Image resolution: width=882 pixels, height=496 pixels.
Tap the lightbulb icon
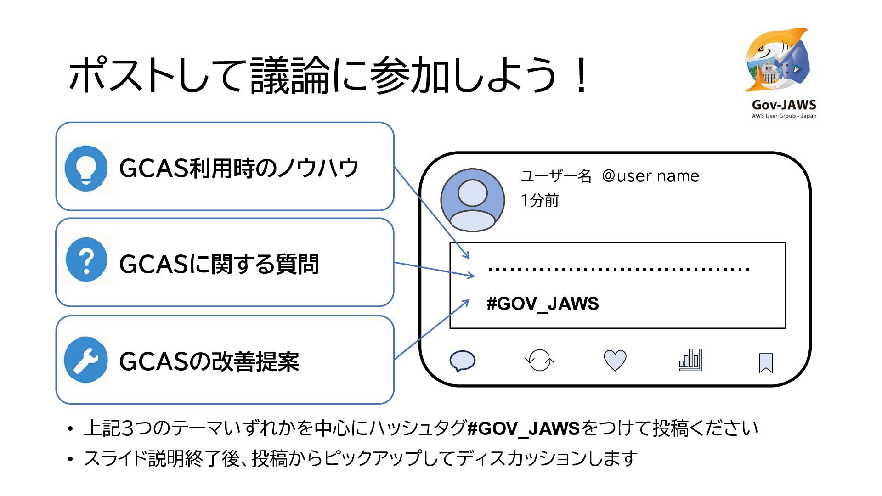click(x=86, y=168)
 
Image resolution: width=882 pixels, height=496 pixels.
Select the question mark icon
click(x=86, y=260)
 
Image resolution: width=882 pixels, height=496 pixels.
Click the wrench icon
click(x=86, y=361)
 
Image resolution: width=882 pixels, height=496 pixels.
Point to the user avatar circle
click(x=472, y=200)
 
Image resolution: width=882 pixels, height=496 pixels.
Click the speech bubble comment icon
click(x=462, y=361)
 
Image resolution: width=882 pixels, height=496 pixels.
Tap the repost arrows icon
click(x=539, y=361)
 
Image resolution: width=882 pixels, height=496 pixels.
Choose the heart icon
click(x=615, y=361)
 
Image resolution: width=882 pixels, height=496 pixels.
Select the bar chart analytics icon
click(x=690, y=360)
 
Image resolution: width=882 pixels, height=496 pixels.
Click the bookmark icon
click(x=765, y=363)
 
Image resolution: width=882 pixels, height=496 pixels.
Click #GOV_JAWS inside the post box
click(x=543, y=304)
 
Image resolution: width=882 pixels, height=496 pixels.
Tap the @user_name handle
click(x=650, y=176)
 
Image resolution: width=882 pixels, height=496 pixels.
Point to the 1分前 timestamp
click(x=540, y=201)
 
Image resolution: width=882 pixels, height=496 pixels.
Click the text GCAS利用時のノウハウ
click(x=238, y=168)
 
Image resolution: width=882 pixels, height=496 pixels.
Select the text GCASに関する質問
click(x=219, y=265)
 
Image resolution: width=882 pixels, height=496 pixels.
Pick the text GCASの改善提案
click(x=209, y=362)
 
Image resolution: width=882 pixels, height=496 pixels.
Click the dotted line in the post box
click(x=618, y=269)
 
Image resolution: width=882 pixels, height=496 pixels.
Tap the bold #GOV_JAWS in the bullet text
click(x=523, y=428)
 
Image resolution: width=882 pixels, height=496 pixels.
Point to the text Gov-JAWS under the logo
click(x=784, y=105)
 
